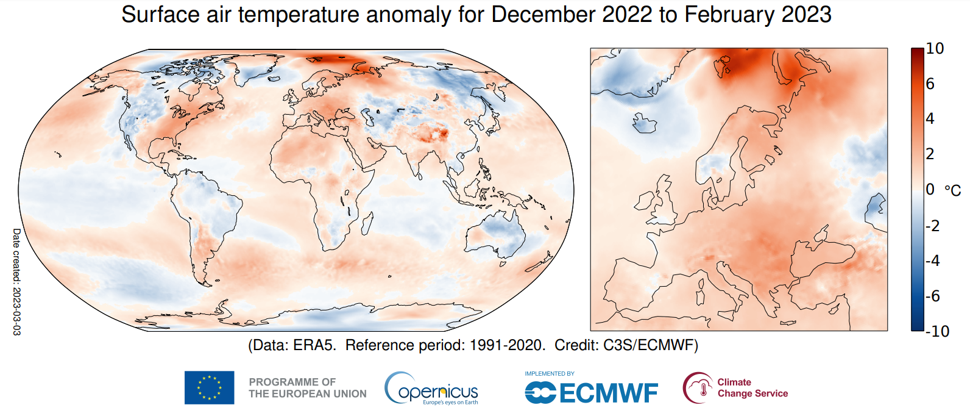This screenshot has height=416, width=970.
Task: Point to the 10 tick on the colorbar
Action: pos(935,48)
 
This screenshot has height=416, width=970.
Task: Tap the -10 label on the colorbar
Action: pos(937,331)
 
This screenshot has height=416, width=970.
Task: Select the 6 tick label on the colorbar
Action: pos(930,84)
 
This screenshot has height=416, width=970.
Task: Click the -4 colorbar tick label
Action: pos(933,260)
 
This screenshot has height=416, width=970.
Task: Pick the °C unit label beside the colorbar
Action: pos(953,190)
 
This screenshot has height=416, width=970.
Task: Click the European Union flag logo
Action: pos(209,387)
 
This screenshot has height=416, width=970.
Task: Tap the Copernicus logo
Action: pos(431,388)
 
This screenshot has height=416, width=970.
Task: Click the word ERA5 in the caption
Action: pos(315,345)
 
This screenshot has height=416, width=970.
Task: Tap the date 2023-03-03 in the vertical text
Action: pos(17,310)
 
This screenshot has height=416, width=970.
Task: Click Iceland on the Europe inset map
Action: pos(645,123)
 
